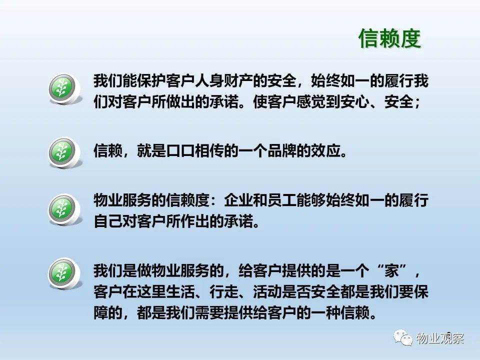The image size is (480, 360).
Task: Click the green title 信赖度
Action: point(389,38)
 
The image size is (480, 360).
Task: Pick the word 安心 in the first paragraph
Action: point(354,101)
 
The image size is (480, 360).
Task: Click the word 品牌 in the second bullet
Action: point(281,150)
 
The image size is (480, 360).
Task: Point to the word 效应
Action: point(325,150)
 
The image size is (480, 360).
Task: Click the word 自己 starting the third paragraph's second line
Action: point(108,221)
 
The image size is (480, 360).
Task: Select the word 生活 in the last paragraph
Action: point(180,291)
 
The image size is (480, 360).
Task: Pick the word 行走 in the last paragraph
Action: point(224,291)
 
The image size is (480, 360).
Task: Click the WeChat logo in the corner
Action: point(403,337)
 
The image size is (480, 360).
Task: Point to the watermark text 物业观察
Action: point(440,338)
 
